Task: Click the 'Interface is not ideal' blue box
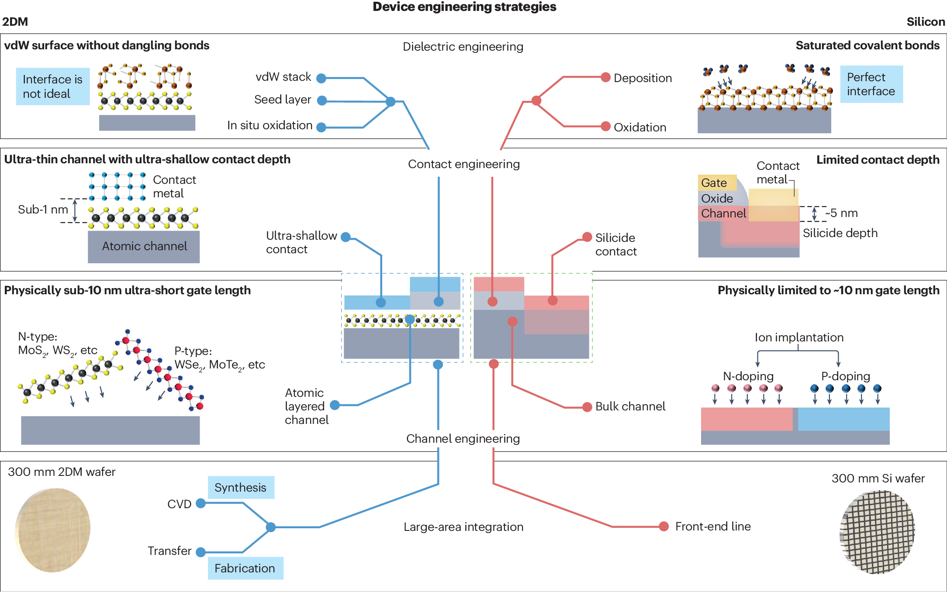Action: click(52, 86)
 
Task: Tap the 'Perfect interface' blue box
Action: click(871, 84)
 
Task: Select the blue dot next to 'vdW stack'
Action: click(321, 78)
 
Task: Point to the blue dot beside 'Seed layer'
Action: click(321, 101)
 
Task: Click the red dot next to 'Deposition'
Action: click(605, 77)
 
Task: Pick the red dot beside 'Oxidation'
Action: click(605, 126)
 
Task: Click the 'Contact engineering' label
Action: click(463, 164)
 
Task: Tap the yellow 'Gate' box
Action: click(716, 182)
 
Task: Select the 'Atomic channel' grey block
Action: click(144, 247)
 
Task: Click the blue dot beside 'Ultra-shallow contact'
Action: click(346, 237)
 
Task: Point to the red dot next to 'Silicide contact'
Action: click(587, 237)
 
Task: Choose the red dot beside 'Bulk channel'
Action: click(587, 407)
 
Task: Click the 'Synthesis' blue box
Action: click(241, 487)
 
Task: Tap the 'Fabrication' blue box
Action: click(245, 568)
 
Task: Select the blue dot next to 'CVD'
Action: click(200, 503)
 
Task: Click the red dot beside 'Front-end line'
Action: click(664, 526)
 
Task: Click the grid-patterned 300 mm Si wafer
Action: click(877, 531)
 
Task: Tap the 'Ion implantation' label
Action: click(799, 337)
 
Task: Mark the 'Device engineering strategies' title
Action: click(464, 7)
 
